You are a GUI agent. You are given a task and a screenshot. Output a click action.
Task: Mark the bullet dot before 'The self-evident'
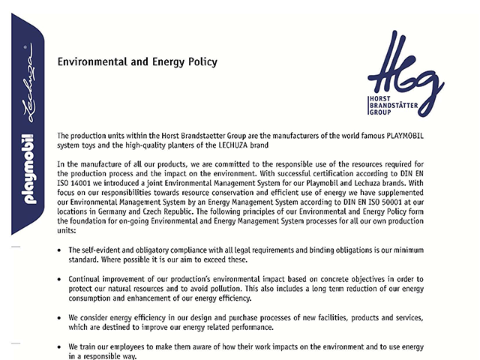click(60, 250)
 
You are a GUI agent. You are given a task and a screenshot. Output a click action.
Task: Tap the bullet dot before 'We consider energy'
click(60, 318)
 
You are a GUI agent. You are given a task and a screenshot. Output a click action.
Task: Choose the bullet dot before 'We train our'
click(60, 347)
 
